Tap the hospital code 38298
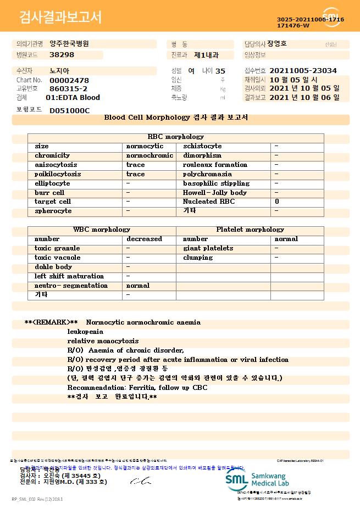click(x=62, y=55)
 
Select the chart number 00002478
click(x=69, y=80)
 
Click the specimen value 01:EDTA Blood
click(x=73, y=97)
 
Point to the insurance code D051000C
click(x=69, y=110)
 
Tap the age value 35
click(x=220, y=71)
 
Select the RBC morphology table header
click(x=176, y=137)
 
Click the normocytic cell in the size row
click(x=145, y=146)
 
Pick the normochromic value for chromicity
click(x=149, y=155)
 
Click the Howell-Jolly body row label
click(x=214, y=193)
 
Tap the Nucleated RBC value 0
click(x=276, y=202)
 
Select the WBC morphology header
click(x=102, y=230)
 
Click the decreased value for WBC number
click(x=144, y=239)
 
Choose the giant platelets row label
click(x=208, y=248)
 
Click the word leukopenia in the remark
click(x=85, y=332)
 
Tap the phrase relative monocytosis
click(x=103, y=341)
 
